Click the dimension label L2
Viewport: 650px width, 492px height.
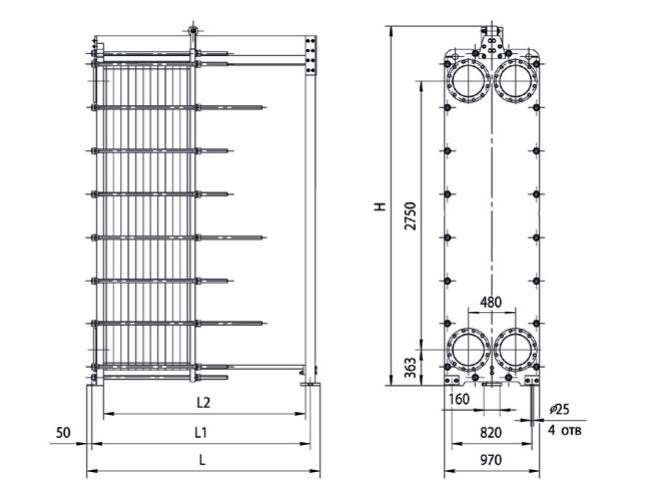203,402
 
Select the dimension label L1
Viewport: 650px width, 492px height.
201,433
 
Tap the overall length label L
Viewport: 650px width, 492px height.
202,460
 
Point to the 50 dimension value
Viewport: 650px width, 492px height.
63,433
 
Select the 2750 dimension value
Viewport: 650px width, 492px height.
410,216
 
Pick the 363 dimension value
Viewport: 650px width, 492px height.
410,368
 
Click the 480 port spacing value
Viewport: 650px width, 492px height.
491,302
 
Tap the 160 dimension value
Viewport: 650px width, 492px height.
459,399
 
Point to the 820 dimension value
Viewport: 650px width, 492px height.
491,433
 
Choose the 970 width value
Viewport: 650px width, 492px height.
491,460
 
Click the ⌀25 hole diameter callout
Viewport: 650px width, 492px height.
559,410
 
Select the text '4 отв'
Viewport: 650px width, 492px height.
565,430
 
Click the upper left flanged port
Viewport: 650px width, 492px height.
468,80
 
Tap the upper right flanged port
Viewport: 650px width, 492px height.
515,80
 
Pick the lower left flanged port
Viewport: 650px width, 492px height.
468,350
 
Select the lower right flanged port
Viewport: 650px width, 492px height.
515,350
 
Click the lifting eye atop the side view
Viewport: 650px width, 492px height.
192,30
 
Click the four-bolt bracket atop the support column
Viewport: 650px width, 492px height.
310,56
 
